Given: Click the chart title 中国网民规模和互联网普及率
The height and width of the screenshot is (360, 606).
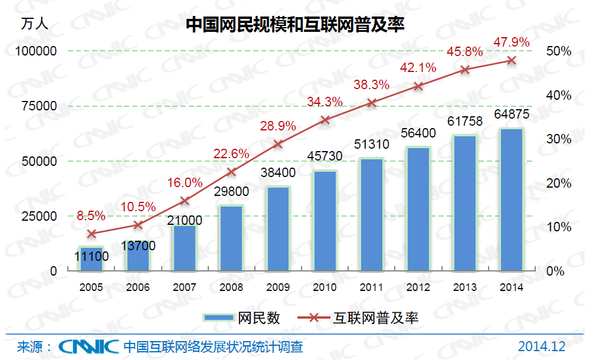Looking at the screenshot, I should [x=295, y=24].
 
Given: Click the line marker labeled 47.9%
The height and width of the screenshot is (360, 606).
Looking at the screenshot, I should [x=512, y=60].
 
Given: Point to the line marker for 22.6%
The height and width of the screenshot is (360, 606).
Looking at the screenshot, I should [x=232, y=172].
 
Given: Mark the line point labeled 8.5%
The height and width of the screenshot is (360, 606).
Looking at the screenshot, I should [x=91, y=234].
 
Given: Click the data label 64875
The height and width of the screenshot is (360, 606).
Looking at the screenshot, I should [x=512, y=114].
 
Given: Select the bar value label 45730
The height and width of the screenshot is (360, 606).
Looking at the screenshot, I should [x=325, y=156].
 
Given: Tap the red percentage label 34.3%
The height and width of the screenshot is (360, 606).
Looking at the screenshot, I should [x=325, y=102].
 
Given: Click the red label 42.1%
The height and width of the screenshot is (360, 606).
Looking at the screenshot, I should [x=419, y=67].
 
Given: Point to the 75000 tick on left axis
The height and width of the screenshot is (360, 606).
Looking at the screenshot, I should [x=40, y=106].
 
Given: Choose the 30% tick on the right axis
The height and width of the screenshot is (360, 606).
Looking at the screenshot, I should [x=559, y=139].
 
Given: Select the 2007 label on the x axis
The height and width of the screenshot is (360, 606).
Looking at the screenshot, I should [x=185, y=288].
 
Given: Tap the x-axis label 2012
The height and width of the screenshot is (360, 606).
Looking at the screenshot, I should [x=418, y=288].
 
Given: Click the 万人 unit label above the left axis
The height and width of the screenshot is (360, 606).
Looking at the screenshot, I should [x=35, y=24].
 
